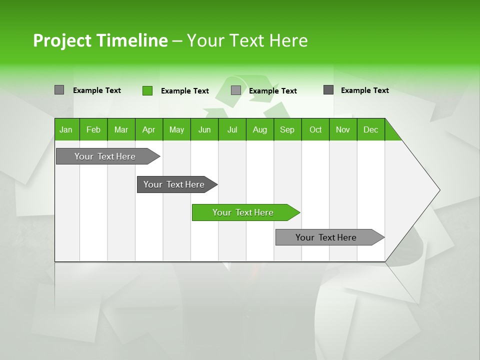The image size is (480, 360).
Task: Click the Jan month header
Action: coord(66,129)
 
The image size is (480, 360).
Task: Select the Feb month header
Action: coord(93,129)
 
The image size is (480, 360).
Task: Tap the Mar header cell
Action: coord(121,129)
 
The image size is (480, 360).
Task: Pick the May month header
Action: coord(176,129)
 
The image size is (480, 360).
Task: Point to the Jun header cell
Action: coord(204,129)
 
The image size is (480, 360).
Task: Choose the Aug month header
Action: coord(260,129)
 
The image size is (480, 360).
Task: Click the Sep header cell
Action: coord(287,129)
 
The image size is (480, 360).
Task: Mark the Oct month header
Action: coord(315,129)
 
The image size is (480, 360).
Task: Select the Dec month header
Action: coord(371,129)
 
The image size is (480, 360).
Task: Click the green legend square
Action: coord(147,90)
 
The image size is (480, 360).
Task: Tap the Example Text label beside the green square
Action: coord(185,91)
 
